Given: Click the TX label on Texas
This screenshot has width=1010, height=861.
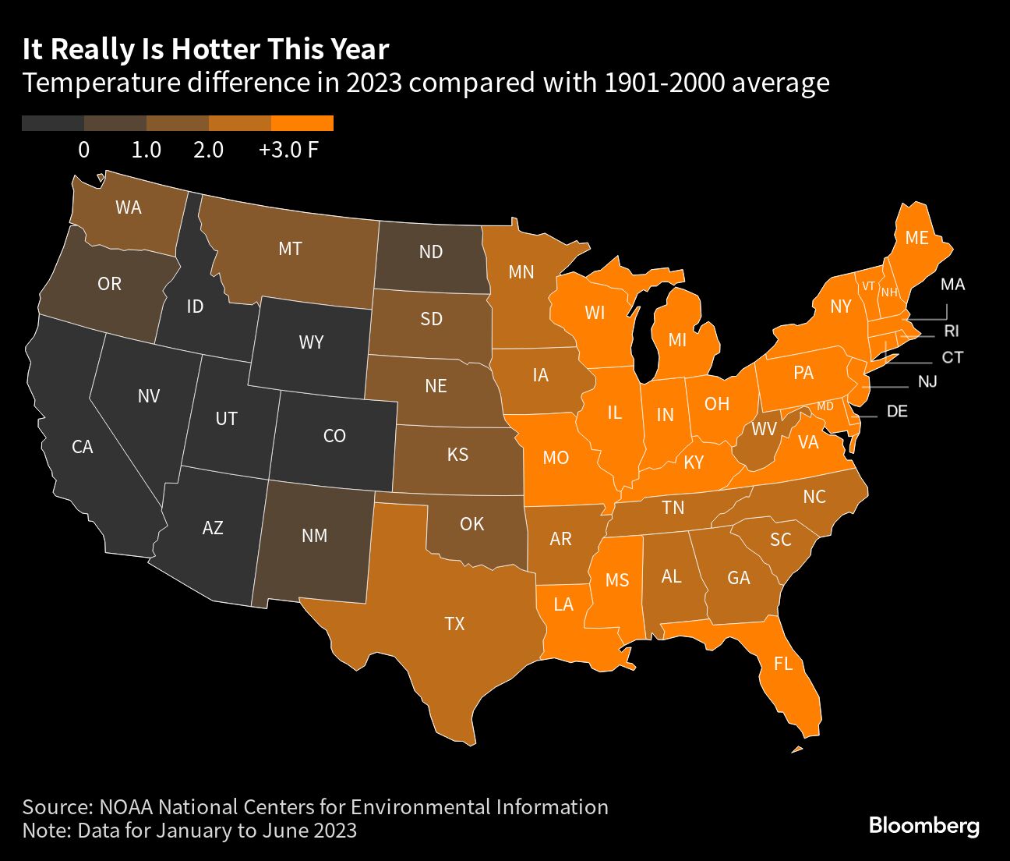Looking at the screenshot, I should click(x=454, y=623).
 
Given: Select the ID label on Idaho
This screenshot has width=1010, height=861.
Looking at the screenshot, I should click(x=195, y=306).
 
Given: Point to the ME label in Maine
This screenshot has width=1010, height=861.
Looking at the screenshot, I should click(x=916, y=238).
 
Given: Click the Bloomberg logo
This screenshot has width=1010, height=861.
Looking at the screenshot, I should click(x=923, y=825).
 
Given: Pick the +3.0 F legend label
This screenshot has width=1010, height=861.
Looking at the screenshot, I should click(x=288, y=150).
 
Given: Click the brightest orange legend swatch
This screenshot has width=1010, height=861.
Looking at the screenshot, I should click(x=302, y=123).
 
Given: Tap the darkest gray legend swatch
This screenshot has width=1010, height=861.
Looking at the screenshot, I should click(x=53, y=123).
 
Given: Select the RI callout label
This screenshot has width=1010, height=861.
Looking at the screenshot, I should click(x=951, y=331).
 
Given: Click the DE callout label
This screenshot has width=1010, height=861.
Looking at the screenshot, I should click(x=897, y=411).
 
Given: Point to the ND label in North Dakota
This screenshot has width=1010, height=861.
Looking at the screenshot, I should click(x=430, y=252).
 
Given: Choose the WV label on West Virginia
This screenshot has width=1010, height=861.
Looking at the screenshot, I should click(x=764, y=429).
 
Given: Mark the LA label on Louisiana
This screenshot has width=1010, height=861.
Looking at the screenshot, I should click(x=563, y=604).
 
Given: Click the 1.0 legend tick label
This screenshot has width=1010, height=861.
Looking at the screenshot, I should click(x=146, y=150).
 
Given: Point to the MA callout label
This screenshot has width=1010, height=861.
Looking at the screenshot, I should click(x=952, y=285).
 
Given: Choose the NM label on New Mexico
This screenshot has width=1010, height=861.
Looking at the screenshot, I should click(x=314, y=536).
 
